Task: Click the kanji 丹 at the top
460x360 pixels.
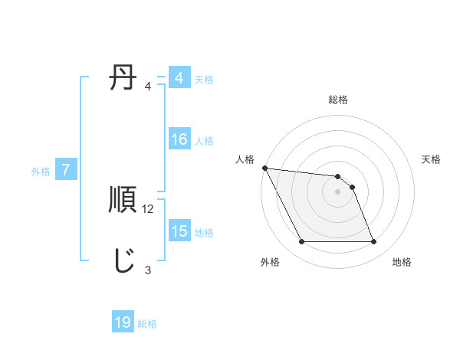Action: tap(123, 79)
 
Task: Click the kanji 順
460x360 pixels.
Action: tap(123, 200)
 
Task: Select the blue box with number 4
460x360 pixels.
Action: tap(179, 78)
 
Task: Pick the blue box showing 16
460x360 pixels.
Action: tap(179, 140)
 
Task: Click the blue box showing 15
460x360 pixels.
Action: tap(179, 232)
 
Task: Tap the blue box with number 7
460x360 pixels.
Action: tap(67, 171)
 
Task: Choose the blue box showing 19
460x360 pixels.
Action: tap(123, 323)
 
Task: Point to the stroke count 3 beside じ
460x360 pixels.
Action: tap(148, 270)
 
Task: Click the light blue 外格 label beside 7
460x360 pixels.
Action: tap(41, 172)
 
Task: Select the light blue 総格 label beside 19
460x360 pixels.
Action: tap(147, 324)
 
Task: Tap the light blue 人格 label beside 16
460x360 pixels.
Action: tap(204, 141)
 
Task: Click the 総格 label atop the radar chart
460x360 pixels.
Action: tap(338, 100)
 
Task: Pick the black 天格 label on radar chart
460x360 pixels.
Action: tap(432, 159)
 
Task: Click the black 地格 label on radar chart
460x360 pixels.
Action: tap(402, 263)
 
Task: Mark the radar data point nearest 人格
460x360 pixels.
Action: tap(264, 168)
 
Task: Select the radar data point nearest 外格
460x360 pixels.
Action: tap(301, 242)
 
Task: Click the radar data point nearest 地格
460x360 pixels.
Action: tap(374, 242)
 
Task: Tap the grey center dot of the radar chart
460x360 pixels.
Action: tap(338, 191)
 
